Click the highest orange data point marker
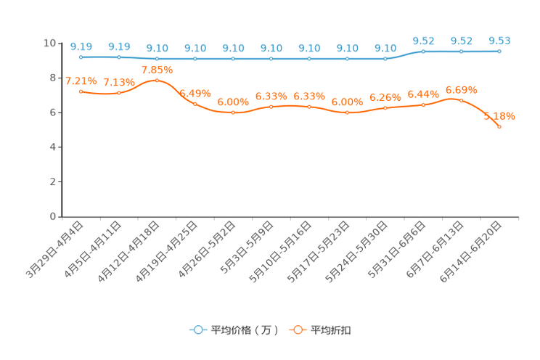pyautogui.click(x=157, y=79)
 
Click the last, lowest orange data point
pyautogui.click(x=499, y=127)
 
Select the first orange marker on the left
pyautogui.click(x=81, y=91)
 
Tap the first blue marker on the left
pyautogui.click(x=81, y=57)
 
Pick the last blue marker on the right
pyautogui.click(x=499, y=52)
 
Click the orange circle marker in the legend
pyautogui.click(x=297, y=330)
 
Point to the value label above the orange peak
pyautogui.click(x=157, y=69)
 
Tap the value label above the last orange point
pyautogui.click(x=499, y=116)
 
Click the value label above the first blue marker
pyautogui.click(x=81, y=46)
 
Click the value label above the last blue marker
pyautogui.click(x=499, y=41)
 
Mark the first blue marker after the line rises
pyautogui.click(x=423, y=51)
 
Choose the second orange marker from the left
pyautogui.click(x=118, y=93)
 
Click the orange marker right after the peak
pyautogui.click(x=195, y=104)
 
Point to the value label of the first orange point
pyautogui.click(x=81, y=81)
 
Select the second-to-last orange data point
pyautogui.click(x=461, y=99)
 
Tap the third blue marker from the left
pyautogui.click(x=157, y=58)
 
